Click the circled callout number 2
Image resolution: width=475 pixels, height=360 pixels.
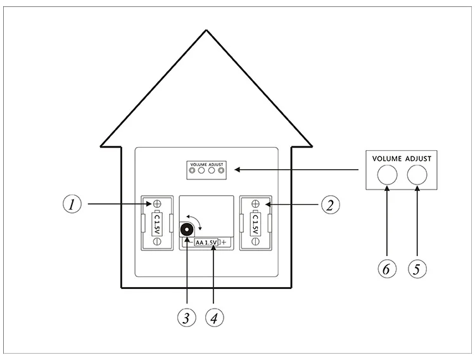click(330, 205)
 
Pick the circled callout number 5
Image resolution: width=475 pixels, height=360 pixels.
click(417, 269)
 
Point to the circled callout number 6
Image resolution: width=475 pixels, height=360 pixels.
click(388, 269)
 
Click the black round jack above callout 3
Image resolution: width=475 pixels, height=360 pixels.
click(187, 229)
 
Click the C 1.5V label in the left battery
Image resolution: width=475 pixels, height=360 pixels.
click(156, 222)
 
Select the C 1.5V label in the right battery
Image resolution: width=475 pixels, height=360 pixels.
click(255, 222)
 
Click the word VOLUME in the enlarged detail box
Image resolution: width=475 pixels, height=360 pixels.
click(388, 158)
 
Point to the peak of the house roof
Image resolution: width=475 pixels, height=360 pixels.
click(206, 30)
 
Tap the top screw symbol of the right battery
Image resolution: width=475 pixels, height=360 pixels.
click(255, 204)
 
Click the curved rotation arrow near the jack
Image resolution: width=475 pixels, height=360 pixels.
click(199, 221)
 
